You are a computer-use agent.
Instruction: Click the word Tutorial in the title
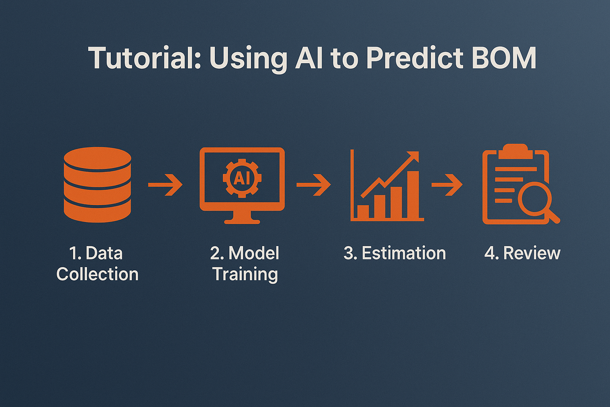pos(144,58)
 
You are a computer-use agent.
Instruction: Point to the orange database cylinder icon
pos(97,185)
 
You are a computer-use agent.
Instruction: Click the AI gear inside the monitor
pos(242,178)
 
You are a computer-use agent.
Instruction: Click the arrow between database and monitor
pos(165,185)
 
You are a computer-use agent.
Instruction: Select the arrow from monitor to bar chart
pos(313,185)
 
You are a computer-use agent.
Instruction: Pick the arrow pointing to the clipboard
pos(447,185)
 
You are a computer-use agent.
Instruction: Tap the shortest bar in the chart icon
pos(363,211)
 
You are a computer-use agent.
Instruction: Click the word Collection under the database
pos(97,274)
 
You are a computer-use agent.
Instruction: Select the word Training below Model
pos(245,275)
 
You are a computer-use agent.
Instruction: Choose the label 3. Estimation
pos(395,253)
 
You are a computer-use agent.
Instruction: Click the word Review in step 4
pos(532,253)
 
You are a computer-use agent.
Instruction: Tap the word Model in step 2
pos(254,253)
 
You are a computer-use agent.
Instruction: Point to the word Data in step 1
pos(104,253)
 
